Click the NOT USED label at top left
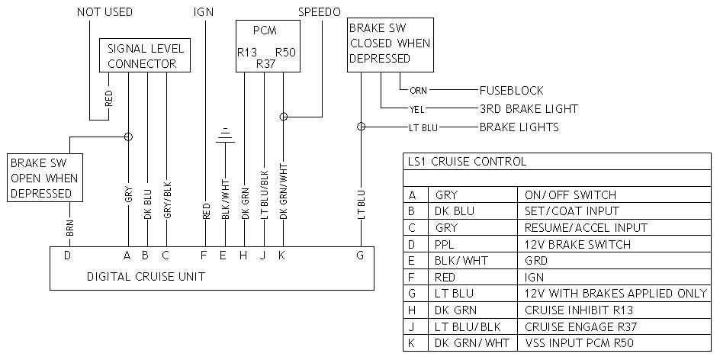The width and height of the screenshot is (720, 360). (104, 12)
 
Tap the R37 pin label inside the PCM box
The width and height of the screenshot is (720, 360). (265, 65)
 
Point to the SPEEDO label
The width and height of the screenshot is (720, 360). (319, 12)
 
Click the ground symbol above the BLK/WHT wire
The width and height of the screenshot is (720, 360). (223, 136)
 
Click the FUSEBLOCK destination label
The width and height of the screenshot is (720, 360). (511, 90)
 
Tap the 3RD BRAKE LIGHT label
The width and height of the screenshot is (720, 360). (529, 108)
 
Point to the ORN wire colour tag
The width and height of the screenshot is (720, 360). (418, 91)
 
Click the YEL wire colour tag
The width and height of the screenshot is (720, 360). (416, 109)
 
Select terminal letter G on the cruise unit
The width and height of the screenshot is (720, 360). (360, 256)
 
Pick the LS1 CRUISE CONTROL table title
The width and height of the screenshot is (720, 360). (468, 162)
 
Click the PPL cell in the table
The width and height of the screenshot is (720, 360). (445, 245)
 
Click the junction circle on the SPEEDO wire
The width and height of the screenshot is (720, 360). (284, 117)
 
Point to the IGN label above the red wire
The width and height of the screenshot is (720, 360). (204, 12)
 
